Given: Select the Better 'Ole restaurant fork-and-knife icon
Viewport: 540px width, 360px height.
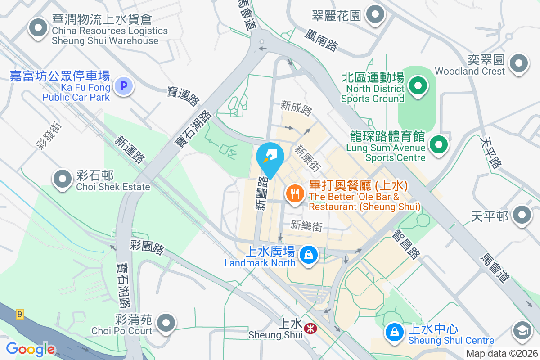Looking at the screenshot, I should (x=295, y=194).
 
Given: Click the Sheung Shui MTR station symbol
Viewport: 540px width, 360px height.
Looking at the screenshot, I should (x=310, y=328).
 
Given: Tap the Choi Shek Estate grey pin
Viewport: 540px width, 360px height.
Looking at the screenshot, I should (x=63, y=179).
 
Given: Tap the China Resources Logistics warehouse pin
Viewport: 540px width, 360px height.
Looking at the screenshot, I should (x=38, y=28).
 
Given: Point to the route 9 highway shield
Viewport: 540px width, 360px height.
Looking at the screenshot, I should (x=19, y=314).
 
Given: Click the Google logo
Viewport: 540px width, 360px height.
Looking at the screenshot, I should (x=31, y=349).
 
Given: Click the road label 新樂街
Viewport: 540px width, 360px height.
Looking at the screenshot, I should (x=307, y=226).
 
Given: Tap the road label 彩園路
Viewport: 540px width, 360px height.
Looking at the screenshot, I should (x=147, y=247).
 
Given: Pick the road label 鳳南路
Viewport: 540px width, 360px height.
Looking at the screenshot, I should (x=321, y=40).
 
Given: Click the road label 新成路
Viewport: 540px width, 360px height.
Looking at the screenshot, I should (x=296, y=108).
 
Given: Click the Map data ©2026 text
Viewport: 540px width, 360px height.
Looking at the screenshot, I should (x=502, y=353).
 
